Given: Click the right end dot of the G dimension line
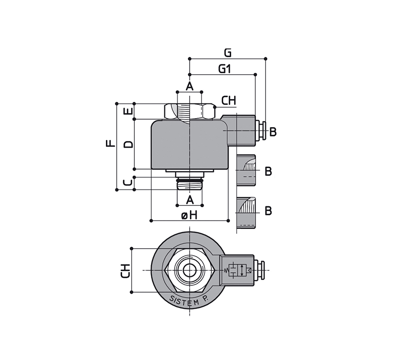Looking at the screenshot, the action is (x=266, y=59).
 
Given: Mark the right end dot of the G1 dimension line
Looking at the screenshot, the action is (x=255, y=75).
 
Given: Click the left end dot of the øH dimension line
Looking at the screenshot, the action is (x=151, y=221).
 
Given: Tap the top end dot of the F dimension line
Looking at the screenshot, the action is (x=117, y=104).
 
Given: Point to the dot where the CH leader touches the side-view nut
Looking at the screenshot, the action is (x=215, y=107).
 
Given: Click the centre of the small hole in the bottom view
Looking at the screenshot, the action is (x=190, y=270).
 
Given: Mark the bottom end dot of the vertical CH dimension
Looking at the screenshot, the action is (x=132, y=292).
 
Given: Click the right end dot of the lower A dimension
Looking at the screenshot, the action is (x=202, y=205).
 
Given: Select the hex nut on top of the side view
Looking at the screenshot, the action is (x=190, y=111).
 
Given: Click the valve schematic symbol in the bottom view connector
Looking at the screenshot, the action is (x=238, y=270).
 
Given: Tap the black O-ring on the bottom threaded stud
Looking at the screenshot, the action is (x=190, y=180).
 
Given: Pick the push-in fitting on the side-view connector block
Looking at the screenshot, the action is (x=261, y=131).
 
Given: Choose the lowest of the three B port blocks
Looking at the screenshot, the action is (x=247, y=213).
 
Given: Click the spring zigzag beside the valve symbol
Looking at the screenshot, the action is (x=226, y=271).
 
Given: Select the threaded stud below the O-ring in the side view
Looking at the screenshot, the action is (x=190, y=185).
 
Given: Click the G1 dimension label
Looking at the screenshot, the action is (x=224, y=69).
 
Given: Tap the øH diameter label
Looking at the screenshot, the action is (x=189, y=216).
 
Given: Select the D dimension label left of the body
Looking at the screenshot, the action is (x=129, y=144).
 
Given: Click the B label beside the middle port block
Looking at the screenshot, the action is (x=268, y=171).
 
